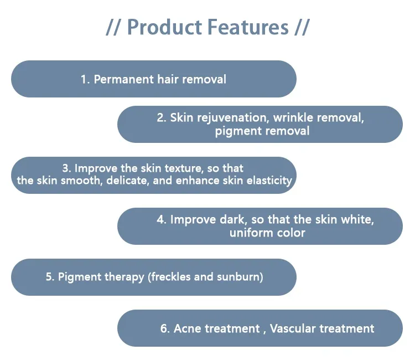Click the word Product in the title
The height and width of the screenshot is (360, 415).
(164, 27)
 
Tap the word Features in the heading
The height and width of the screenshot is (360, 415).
(248, 27)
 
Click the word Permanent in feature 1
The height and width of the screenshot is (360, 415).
(123, 79)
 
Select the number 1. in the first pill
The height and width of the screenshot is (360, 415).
(85, 79)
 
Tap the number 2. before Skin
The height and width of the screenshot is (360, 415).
(161, 117)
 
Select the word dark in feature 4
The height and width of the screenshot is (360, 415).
(232, 220)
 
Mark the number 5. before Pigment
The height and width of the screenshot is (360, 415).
(50, 277)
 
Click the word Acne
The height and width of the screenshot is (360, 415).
(188, 329)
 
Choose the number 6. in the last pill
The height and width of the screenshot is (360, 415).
(165, 329)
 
